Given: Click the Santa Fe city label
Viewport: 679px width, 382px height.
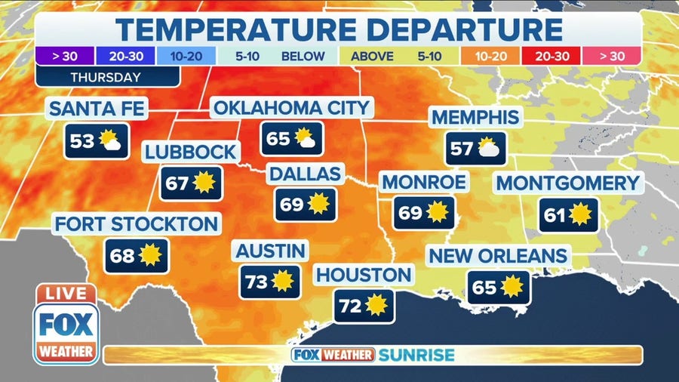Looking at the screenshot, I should click(96, 108).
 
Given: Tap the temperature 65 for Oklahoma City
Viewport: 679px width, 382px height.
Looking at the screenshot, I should click(278, 138).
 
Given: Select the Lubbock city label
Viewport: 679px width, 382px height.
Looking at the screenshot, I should click(191, 152).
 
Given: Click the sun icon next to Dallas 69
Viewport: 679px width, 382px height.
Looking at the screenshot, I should click(318, 204).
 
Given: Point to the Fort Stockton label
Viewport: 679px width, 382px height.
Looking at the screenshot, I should click(136, 223).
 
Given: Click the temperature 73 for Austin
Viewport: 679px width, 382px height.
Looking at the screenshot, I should click(257, 282).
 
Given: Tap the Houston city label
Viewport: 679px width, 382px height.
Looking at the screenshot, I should click(364, 275).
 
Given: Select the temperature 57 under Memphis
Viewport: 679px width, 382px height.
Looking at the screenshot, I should click(461, 149).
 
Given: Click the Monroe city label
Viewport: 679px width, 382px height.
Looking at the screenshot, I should click(424, 182).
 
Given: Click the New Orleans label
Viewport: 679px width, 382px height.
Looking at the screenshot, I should click(498, 256).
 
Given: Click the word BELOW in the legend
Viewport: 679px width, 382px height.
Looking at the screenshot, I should click(303, 56).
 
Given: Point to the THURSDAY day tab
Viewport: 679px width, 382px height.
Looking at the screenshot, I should click(106, 76).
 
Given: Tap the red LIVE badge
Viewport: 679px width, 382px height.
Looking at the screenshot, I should click(66, 294).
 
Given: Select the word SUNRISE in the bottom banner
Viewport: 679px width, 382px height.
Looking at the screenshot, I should click(416, 355).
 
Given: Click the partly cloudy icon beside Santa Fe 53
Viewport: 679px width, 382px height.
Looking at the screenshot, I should click(111, 140).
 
